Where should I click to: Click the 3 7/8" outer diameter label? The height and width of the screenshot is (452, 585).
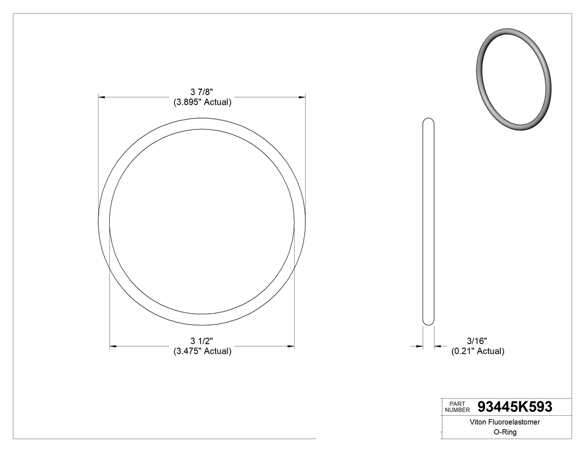202,92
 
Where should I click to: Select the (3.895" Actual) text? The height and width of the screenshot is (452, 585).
202,103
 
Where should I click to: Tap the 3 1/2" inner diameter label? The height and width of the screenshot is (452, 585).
202,341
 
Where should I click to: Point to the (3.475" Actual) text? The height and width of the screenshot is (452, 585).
202,351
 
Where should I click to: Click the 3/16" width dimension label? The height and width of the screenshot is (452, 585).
477,341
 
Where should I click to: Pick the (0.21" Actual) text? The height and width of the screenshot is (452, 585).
477,351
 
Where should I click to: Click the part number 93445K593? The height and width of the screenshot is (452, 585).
515,407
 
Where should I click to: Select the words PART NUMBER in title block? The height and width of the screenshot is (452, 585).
458,407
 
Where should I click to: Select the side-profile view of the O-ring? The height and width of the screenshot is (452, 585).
428,221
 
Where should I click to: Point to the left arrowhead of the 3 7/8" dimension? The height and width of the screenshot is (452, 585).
101,97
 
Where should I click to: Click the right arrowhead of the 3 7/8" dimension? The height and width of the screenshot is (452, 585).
303,97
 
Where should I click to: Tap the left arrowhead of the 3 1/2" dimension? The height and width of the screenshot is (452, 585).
113,347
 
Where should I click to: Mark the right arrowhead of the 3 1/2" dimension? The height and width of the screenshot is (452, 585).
291,347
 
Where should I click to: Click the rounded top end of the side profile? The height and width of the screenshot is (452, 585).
428,121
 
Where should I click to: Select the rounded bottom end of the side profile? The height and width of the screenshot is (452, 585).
428,322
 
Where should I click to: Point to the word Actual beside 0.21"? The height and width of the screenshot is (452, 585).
491,351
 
